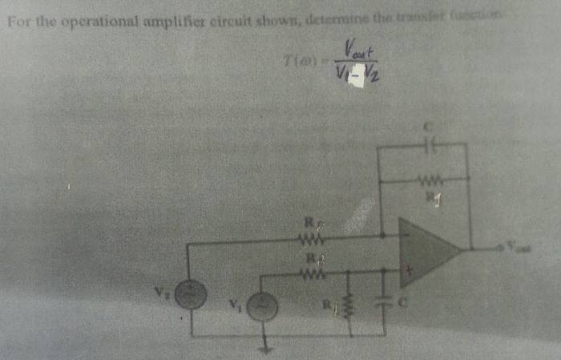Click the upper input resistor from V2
pos(309,237)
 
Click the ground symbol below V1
pos(264,347)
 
